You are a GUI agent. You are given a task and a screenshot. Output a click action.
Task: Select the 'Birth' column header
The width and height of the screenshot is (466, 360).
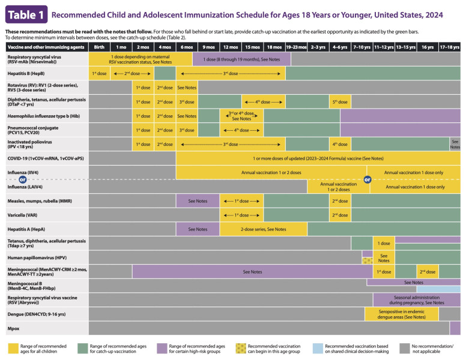coord(99,46)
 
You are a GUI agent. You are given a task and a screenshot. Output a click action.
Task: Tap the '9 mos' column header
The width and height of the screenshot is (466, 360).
coord(208,46)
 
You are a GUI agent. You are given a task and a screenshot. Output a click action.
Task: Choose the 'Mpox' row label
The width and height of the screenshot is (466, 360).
coord(13,328)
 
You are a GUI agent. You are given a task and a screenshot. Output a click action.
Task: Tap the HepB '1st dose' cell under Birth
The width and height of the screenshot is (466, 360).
coord(99,73)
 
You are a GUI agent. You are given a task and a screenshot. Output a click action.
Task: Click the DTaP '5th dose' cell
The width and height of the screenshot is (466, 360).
coord(340,102)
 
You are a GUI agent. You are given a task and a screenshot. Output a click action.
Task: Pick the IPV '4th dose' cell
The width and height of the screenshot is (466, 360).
coord(340,144)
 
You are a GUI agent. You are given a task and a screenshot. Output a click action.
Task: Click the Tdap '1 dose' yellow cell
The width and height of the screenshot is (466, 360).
coord(384,243)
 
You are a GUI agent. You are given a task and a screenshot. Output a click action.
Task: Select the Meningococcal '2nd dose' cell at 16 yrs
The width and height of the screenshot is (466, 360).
coord(428,272)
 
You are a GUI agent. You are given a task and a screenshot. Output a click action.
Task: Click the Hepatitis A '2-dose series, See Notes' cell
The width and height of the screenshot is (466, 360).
coord(263,229)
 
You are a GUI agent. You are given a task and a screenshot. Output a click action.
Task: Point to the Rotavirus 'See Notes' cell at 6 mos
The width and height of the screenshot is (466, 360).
coord(187,88)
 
